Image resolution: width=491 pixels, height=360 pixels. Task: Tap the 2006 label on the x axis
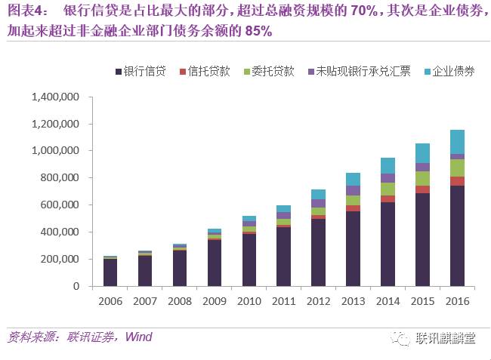coord(110,301)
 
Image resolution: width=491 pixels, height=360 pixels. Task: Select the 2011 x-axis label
coord(283,301)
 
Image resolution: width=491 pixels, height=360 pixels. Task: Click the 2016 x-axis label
coord(456,301)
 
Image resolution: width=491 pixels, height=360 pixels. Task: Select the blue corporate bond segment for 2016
coord(456,142)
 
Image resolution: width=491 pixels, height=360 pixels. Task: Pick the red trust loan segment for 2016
coord(456,181)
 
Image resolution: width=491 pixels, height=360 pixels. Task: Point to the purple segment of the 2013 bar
coord(353,190)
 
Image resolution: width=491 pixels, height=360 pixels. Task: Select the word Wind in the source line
coord(139,336)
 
